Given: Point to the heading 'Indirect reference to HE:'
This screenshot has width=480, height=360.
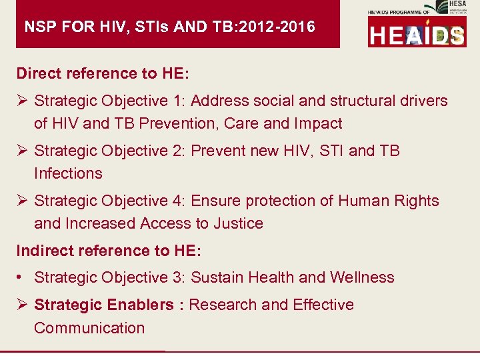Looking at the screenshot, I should click(108, 251).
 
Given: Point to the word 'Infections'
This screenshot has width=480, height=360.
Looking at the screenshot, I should click(68, 174).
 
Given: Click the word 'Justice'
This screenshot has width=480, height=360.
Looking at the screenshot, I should click(238, 224).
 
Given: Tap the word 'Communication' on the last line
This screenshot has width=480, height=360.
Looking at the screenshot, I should click(89, 328).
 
